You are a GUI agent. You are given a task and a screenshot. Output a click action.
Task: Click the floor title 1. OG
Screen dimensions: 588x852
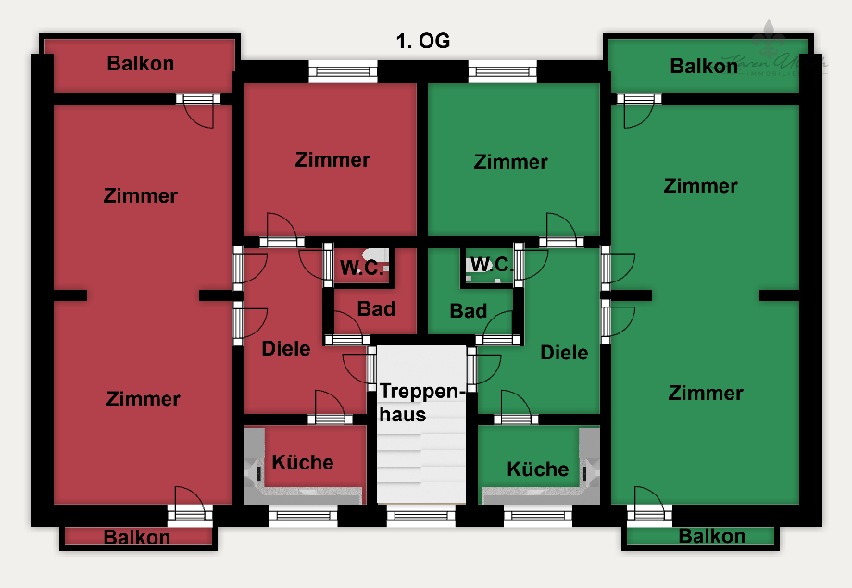422,42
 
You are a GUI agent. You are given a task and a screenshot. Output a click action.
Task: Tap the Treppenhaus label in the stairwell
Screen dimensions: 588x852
420,403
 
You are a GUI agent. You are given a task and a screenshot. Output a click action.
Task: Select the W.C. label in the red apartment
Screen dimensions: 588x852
362,269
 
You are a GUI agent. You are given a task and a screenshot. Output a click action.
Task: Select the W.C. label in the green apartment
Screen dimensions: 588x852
491,265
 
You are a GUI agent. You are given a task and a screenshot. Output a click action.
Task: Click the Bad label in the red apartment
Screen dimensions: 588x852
377,308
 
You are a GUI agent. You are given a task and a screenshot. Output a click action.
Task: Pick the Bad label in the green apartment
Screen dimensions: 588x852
469,311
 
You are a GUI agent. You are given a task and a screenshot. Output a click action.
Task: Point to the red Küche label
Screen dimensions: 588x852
303,462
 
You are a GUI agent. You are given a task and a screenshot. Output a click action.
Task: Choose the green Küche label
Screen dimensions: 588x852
538,469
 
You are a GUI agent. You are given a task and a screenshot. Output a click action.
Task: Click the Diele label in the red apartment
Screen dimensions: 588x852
286,349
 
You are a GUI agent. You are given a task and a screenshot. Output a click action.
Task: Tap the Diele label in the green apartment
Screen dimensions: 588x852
564,353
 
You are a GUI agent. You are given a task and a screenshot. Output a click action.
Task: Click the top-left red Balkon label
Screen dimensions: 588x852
141,64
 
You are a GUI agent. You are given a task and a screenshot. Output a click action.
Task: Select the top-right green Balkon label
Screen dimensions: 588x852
704,66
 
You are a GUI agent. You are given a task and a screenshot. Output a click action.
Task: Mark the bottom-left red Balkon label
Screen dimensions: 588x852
137,537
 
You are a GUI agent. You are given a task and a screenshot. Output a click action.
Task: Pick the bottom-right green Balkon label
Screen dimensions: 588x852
711,536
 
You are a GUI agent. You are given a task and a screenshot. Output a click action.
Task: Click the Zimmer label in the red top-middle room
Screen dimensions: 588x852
332,159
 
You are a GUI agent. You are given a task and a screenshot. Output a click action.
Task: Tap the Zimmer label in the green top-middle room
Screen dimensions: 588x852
511,162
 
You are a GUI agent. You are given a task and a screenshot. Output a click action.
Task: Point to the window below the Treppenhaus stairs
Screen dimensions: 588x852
420,515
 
